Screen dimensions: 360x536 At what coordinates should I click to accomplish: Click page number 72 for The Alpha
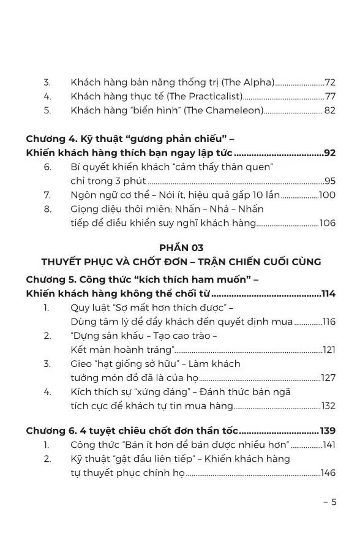pos(330,82)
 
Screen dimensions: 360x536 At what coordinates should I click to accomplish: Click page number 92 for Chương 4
pos(329,153)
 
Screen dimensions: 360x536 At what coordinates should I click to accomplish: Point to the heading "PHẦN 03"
pos(181,247)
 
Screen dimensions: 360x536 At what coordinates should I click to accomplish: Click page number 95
pos(330,181)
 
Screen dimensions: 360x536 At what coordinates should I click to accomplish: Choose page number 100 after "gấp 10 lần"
pos(328,195)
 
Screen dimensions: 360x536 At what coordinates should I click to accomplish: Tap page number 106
pos(328,223)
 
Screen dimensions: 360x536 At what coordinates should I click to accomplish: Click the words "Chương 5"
pos(50,279)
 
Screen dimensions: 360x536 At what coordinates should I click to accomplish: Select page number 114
pos(328,293)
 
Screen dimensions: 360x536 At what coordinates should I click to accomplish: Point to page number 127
pos(328,378)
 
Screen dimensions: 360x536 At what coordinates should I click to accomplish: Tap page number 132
pos(328,406)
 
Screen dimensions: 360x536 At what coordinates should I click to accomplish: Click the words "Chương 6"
pos(50,431)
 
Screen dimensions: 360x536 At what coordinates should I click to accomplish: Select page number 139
pos(328,431)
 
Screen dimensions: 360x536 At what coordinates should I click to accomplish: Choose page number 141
pos(329,445)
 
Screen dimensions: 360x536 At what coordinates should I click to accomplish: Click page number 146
pos(328,473)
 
